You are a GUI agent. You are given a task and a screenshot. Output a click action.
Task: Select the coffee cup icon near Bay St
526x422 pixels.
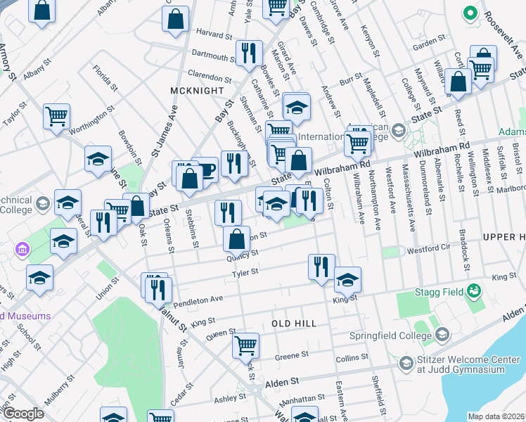click(205, 170)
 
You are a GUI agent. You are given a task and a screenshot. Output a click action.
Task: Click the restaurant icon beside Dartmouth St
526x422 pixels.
click(249, 53)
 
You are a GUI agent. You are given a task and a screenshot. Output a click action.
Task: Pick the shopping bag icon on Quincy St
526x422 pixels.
click(236, 239)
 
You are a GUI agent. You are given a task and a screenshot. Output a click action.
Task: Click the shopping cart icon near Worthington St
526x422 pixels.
click(56, 116)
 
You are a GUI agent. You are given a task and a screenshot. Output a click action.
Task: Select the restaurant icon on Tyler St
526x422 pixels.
click(321, 267)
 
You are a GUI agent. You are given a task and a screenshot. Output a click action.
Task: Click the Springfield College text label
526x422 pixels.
click(391, 335)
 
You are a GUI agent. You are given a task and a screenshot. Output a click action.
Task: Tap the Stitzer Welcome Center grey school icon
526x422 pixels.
click(406, 363)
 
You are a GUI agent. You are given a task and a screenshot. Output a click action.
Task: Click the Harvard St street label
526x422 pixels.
click(214, 34)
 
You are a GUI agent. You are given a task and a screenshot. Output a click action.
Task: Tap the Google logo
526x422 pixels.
click(23, 414)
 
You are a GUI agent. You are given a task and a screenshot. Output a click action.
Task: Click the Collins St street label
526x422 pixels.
click(352, 358)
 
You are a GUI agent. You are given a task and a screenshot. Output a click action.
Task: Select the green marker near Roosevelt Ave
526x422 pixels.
click(470, 13)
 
